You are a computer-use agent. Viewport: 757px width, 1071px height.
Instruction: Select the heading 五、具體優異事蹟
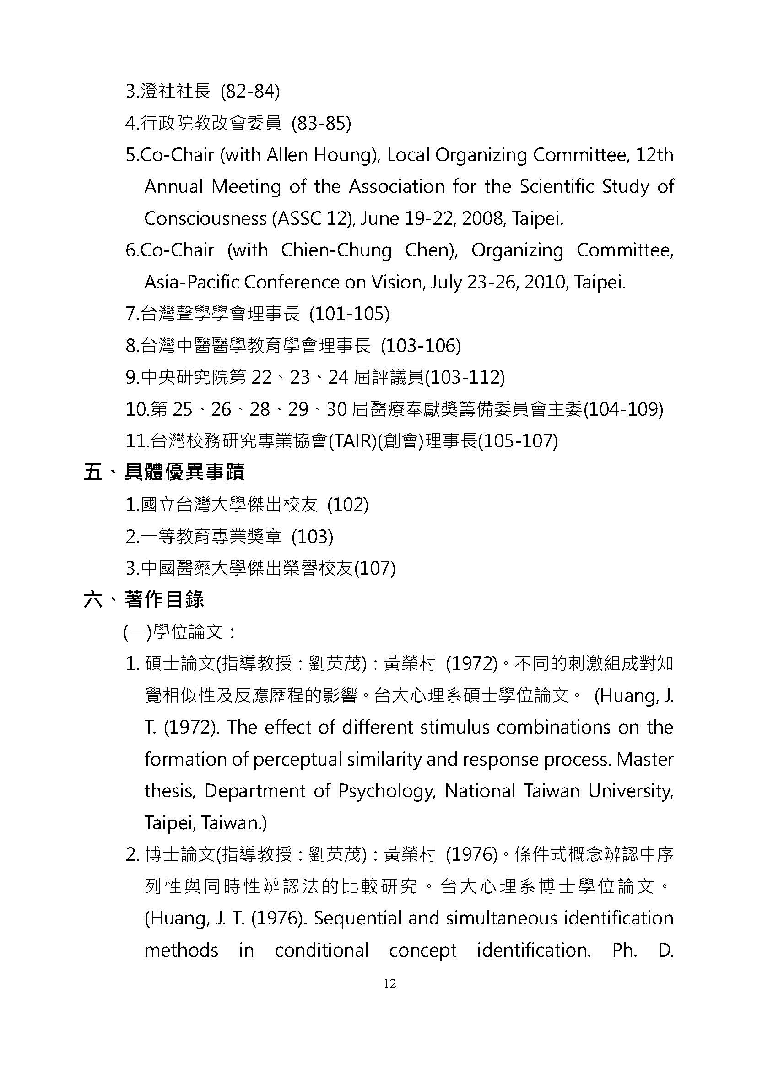164,473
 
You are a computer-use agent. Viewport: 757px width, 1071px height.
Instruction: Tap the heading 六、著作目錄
144,600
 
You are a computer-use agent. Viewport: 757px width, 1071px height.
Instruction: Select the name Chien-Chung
336,250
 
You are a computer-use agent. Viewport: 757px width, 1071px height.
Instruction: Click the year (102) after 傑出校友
348,505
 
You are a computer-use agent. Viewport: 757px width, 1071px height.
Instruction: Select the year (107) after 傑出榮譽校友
375,568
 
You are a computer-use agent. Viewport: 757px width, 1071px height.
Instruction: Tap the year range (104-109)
623,409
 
